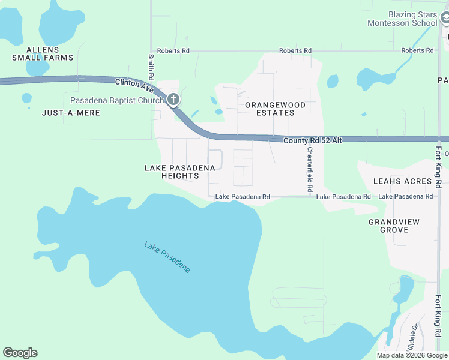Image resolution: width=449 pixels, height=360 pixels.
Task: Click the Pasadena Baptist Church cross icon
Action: point(173,99)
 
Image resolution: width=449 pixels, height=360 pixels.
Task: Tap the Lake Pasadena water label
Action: point(167,257)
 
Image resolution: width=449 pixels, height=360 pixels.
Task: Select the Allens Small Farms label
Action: point(43,53)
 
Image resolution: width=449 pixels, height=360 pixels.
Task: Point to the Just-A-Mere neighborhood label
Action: point(66,112)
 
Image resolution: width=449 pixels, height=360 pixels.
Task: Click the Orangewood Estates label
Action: point(275,109)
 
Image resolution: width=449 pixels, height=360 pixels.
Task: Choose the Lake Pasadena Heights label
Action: point(180,172)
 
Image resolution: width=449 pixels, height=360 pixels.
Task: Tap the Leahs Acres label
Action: point(402,181)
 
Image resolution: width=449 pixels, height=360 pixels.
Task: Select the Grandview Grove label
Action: point(394,226)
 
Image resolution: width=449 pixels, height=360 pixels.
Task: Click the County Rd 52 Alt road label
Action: point(312,140)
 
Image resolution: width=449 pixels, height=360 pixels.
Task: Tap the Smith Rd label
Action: point(151,68)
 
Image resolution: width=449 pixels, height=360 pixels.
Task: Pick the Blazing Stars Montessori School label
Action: point(403,19)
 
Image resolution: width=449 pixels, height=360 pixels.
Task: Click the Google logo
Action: point(20,353)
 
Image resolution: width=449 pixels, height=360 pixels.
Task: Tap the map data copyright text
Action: point(412,355)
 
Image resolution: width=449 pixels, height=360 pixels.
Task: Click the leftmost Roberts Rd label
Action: point(173,51)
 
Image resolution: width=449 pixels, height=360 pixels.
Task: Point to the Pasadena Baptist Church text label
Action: point(116,100)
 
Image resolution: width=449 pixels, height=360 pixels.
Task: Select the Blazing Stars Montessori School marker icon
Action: point(445,19)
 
